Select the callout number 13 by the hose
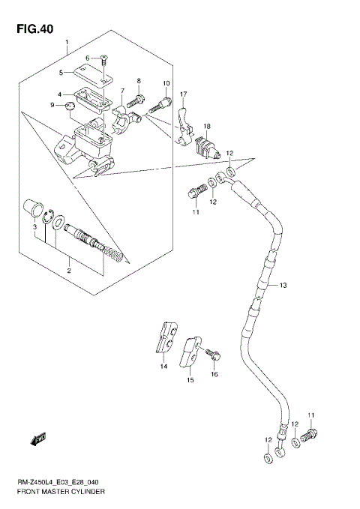pos(282,285)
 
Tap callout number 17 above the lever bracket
pos(182,94)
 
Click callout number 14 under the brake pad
pos(162,367)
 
